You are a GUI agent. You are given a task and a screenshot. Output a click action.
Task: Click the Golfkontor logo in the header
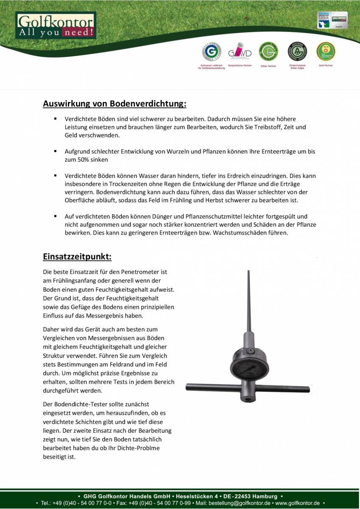(x=56, y=25)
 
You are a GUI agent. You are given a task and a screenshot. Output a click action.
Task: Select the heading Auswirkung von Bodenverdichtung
(x=115, y=104)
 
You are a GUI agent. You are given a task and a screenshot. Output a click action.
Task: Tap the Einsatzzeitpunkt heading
(x=77, y=257)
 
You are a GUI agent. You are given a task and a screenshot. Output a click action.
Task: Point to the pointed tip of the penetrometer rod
(x=248, y=272)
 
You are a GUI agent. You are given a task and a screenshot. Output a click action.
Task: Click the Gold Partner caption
(x=326, y=66)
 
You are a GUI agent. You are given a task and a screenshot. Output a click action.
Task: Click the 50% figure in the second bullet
(x=80, y=160)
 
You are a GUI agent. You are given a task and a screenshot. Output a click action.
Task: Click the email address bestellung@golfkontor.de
(x=240, y=503)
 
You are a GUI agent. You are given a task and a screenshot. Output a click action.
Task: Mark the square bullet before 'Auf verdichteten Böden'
(x=55, y=216)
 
